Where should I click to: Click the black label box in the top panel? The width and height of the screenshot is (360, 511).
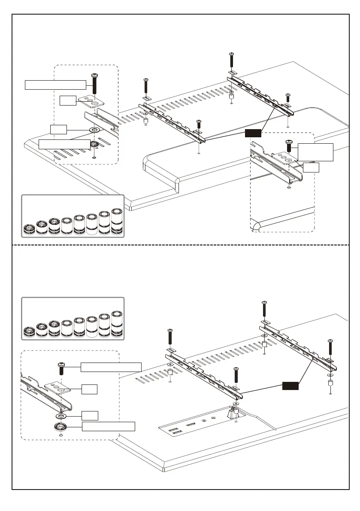coord(253,133)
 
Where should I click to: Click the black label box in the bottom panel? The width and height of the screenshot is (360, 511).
coord(290,386)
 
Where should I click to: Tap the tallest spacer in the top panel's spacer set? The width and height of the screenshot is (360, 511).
coord(117,221)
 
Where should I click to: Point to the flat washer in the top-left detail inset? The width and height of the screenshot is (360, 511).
coord(94,130)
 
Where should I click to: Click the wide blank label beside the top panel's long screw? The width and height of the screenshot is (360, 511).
coord(55,85)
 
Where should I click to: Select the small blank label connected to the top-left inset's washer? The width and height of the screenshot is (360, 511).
coord(58,129)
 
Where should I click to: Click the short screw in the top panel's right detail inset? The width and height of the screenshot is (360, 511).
coord(289,146)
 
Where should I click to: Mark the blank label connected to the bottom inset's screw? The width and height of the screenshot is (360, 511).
coord(111,367)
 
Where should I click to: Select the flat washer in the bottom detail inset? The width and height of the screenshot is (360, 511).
coord(61,416)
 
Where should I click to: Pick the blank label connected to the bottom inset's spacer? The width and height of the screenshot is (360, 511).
coord(109,426)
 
